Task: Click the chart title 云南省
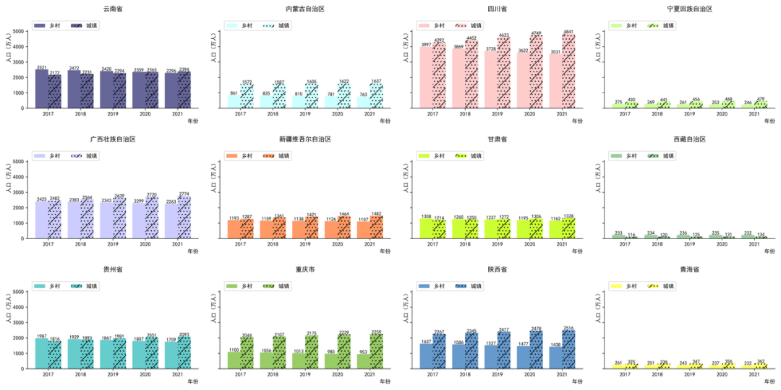pos(112,9)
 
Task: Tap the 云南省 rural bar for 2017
pos(42,89)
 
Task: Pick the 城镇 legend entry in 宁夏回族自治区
pos(659,25)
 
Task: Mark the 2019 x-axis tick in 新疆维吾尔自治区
pos(305,244)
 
